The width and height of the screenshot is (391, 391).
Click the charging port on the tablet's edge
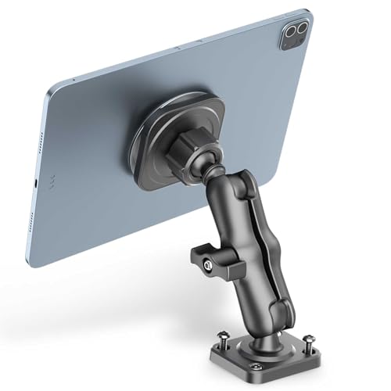point(36,185)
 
